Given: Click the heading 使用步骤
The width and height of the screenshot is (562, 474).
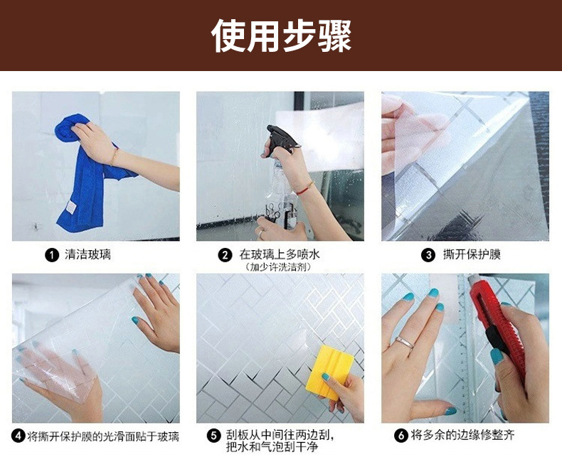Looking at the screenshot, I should point(281,36).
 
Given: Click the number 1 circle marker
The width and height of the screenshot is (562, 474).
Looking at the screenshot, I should point(51,254).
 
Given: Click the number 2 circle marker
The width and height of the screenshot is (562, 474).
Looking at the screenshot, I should point(226,254).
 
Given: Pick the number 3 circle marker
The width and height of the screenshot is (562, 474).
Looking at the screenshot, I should point(428,254).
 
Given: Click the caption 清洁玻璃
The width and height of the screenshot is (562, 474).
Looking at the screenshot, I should point(87,254).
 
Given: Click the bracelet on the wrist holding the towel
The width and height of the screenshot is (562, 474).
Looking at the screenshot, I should point(113,156).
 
